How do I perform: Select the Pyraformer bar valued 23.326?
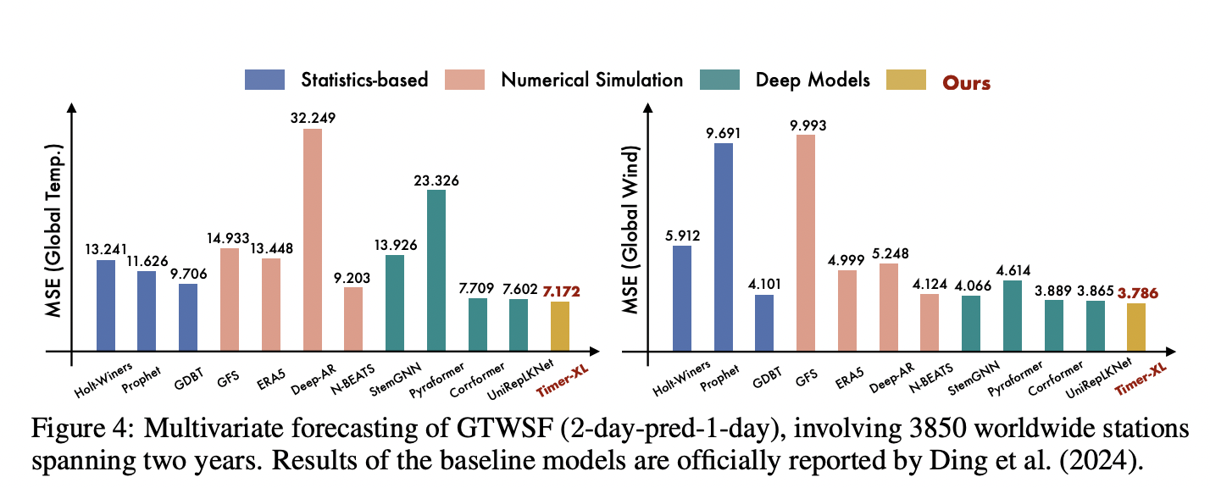pyautogui.click(x=436, y=270)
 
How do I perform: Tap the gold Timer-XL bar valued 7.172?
pyautogui.click(x=560, y=326)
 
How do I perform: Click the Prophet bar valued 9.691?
pyautogui.click(x=723, y=247)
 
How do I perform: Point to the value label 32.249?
pyautogui.click(x=313, y=118)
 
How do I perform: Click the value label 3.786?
pyautogui.click(x=1136, y=294)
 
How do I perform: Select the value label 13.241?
pyautogui.click(x=106, y=249)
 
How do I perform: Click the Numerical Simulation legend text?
pyautogui.click(x=591, y=80)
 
